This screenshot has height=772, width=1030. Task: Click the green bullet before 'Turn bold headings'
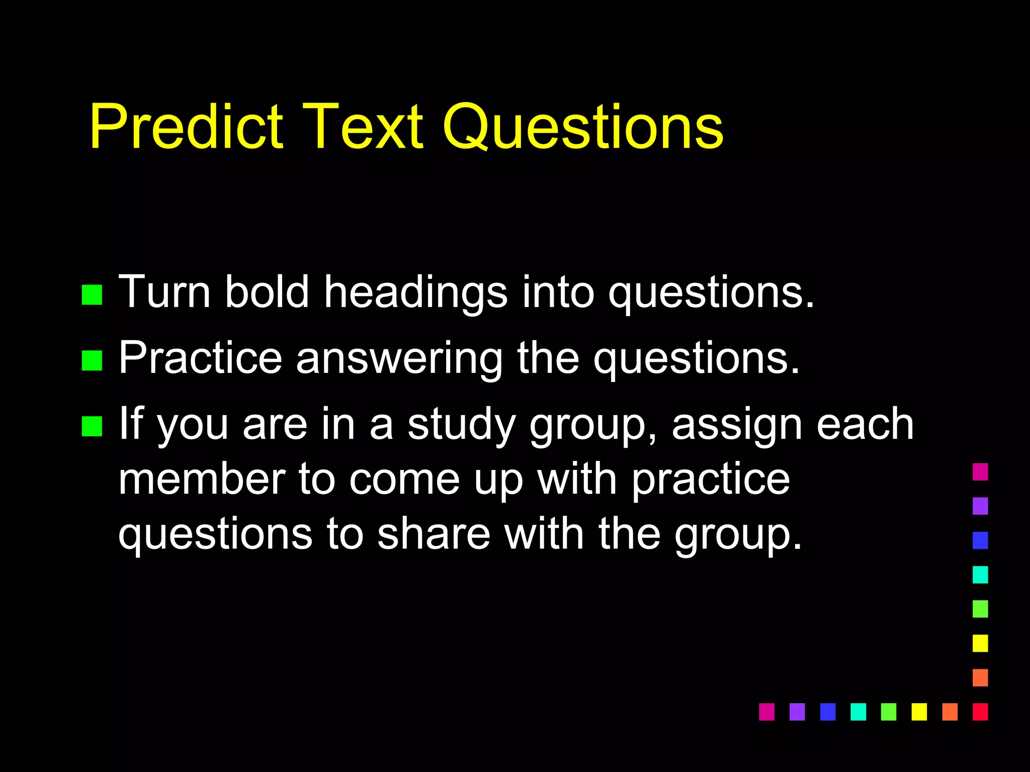point(92,295)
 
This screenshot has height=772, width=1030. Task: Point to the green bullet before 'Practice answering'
point(92,360)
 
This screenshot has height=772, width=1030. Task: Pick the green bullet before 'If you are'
point(92,426)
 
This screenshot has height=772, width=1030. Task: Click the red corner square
point(980,712)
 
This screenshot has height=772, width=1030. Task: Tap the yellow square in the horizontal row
point(919,712)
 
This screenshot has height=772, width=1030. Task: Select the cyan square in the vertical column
point(980,574)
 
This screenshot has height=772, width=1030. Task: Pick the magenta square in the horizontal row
point(766,712)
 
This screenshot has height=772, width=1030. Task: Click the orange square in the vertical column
point(980,678)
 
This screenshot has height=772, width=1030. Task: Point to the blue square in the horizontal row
point(827,712)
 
